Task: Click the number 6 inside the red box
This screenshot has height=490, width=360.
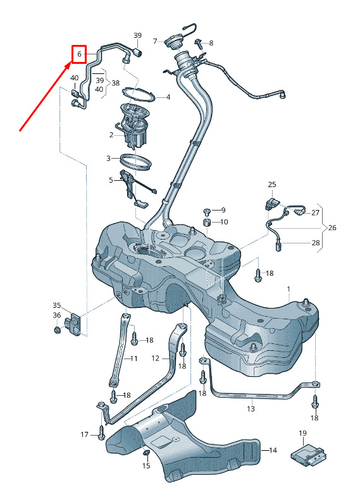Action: coord(80,54)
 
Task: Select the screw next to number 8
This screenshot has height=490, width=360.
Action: coord(198,43)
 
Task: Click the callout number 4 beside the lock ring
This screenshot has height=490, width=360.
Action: coord(168,97)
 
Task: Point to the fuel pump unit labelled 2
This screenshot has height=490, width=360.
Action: coord(133,125)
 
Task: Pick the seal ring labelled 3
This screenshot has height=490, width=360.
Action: coord(136,161)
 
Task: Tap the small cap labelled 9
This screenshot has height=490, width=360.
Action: coord(207,212)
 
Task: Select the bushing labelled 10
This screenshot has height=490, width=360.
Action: coord(207,223)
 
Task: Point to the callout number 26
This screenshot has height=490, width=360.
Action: coord(332,228)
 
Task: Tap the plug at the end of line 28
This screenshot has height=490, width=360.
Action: coord(278,246)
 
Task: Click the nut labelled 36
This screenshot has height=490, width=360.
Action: coord(57,329)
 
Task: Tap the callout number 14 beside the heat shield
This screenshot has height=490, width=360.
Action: coord(273,450)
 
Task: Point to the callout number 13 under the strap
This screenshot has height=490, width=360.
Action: coord(251,408)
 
